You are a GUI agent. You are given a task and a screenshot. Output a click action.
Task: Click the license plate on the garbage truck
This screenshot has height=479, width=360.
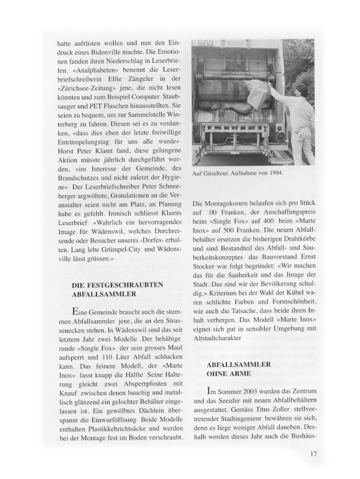click(207, 44)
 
